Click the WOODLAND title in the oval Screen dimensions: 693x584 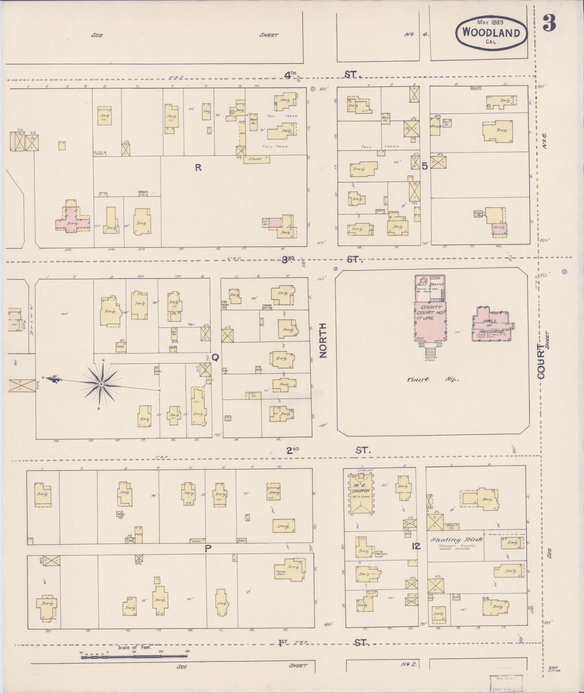[x=491, y=32]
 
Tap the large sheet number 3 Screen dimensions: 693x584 [x=549, y=24]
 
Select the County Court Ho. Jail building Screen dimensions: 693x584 [x=430, y=321]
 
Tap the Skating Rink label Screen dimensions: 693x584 [x=457, y=540]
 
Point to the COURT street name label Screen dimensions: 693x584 [x=541, y=362]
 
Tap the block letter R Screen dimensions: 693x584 [x=198, y=168]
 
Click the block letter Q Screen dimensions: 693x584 [x=215, y=357]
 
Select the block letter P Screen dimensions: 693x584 [x=209, y=549]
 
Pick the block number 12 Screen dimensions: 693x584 [x=416, y=546]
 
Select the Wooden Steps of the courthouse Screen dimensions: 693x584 [x=430, y=348]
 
